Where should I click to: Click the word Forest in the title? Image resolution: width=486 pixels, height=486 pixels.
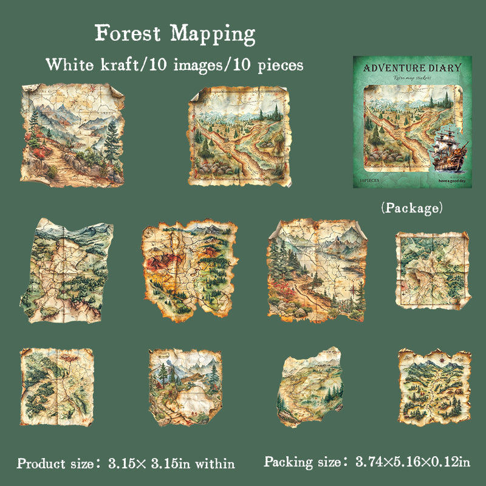pos(128,33)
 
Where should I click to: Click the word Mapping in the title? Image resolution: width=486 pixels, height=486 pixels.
pos(213,35)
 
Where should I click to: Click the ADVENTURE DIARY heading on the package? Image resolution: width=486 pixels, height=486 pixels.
pos(412,67)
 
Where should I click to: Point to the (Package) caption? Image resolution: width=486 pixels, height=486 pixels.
pos(411,208)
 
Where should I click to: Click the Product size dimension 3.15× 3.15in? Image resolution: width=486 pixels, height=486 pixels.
pos(172,464)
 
